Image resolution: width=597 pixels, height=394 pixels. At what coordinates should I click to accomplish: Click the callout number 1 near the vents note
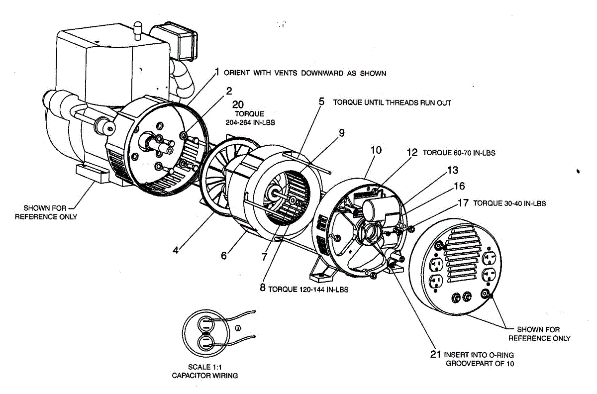click(217, 72)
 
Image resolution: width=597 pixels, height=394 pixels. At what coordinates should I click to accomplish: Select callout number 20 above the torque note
click(238, 104)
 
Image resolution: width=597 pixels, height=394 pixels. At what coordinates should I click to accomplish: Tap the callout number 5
click(322, 101)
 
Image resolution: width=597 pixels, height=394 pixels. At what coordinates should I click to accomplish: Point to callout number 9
click(342, 133)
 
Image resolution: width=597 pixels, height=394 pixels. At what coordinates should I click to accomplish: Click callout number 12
click(412, 153)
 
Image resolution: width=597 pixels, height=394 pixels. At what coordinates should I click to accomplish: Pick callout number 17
click(463, 203)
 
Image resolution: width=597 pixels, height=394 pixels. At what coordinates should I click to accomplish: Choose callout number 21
click(435, 354)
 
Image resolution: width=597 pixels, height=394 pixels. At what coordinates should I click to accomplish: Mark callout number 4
click(175, 250)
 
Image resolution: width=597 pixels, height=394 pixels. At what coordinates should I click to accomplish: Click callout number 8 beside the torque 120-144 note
click(263, 288)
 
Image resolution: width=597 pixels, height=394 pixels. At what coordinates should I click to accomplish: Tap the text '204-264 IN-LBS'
click(250, 122)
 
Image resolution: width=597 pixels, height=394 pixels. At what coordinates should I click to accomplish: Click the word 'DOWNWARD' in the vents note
click(322, 73)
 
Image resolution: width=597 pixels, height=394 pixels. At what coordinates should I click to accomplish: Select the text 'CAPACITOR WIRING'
click(204, 376)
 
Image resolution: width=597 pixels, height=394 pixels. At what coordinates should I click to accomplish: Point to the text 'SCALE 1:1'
click(204, 367)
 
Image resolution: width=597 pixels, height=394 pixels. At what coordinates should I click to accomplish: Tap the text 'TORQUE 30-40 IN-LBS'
click(509, 203)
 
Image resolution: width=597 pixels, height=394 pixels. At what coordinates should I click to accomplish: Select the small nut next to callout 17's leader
click(411, 229)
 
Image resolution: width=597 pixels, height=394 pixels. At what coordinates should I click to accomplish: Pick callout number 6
click(224, 256)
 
